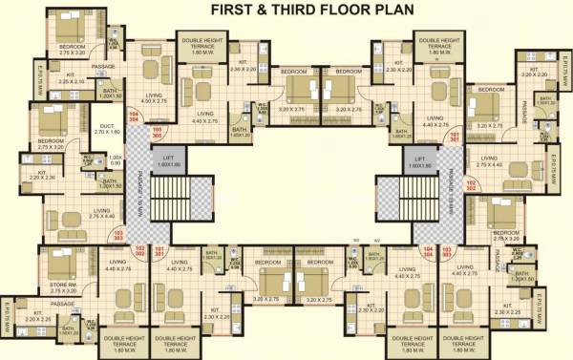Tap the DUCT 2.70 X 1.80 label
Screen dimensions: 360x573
[106, 129]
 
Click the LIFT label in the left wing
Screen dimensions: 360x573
[168, 162]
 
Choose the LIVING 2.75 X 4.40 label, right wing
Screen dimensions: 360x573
[489, 161]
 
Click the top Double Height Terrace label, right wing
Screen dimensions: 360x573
[436, 44]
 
